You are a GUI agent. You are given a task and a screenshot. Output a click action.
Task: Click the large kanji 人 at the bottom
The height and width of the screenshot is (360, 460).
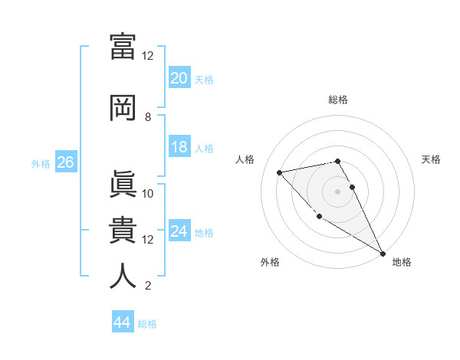click(123, 276)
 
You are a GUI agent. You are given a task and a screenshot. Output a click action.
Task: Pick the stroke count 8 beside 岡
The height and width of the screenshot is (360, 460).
click(148, 117)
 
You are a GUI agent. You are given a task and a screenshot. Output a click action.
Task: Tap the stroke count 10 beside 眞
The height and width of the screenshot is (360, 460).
click(148, 194)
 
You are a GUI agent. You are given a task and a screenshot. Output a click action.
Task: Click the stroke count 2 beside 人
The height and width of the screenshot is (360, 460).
click(148, 286)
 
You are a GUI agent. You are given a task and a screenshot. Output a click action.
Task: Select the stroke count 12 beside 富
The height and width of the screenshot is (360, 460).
click(148, 56)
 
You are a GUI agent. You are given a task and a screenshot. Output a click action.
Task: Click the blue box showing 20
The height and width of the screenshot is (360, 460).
click(179, 78)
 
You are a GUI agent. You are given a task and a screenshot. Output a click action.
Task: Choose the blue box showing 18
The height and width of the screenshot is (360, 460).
click(179, 147)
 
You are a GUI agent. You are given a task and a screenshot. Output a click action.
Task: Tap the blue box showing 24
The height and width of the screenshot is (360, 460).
click(179, 231)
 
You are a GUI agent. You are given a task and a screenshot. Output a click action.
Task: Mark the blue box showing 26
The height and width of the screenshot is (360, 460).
click(65, 162)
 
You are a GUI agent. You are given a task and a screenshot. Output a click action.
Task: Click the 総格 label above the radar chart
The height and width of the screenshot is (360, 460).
click(338, 100)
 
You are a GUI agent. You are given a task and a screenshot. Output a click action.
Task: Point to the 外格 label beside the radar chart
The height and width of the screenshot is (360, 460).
click(270, 262)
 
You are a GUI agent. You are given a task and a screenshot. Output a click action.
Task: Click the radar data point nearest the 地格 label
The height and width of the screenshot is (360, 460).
click(383, 253)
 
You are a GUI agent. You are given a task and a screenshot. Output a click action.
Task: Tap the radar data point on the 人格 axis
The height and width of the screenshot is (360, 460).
click(280, 172)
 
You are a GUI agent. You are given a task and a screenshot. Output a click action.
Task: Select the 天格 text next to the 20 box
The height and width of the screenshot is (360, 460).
click(204, 79)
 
